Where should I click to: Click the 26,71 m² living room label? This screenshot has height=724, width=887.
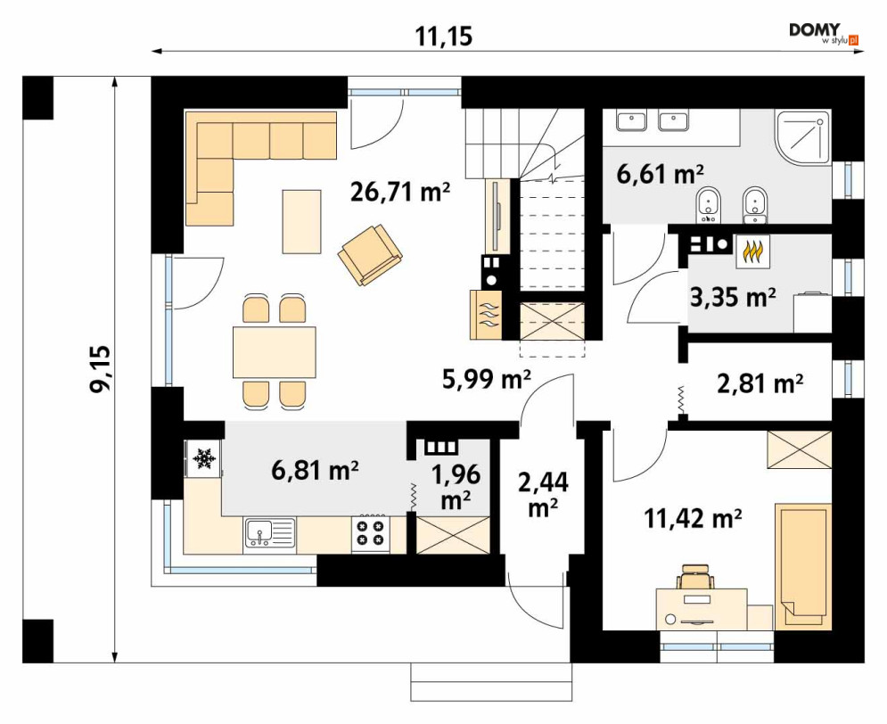coord(400,192)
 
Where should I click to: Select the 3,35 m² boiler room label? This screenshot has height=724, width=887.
coord(733,297)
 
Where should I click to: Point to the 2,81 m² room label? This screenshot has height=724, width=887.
coord(760,383)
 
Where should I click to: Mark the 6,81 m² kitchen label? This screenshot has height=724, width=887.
coord(315,470)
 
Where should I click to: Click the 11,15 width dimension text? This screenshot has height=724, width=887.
coord(444,37)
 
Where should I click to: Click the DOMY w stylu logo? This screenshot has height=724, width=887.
coord(825,33)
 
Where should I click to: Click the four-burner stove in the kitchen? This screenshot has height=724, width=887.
coord(370,533)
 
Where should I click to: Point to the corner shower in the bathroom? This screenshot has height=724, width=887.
coord(803,138)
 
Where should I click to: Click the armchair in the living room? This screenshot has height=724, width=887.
coord(370,254)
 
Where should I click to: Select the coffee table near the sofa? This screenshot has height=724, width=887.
coord(302,222)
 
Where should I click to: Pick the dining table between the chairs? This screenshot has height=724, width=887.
coord(275,352)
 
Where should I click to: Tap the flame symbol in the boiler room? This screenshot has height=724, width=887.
coord(752,251)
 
